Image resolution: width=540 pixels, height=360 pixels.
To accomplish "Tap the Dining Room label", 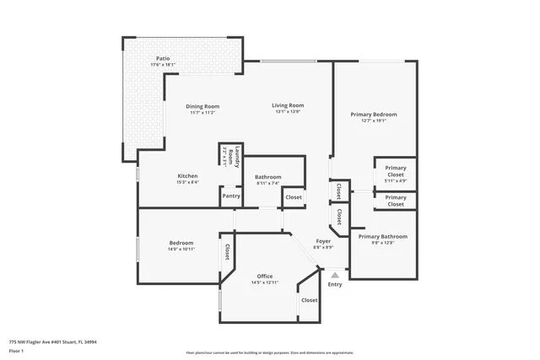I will click(202, 106).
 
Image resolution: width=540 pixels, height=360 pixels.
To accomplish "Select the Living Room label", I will click(287, 105).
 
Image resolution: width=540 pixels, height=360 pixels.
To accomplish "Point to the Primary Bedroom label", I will click(373, 114).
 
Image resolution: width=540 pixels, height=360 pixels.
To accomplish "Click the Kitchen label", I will click(187, 175).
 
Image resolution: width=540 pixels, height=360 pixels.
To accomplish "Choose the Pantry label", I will click(230, 196).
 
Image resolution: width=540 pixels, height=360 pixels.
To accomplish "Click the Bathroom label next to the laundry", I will click(268, 176).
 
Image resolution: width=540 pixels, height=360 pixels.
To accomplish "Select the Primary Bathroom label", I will click(382, 236).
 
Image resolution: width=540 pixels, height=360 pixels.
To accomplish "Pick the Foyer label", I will click(323, 241).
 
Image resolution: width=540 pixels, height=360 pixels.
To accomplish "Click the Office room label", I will click(264, 276).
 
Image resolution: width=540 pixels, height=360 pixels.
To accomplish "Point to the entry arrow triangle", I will click(335, 274).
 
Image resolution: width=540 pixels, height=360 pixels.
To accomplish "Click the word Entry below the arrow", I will click(335, 284).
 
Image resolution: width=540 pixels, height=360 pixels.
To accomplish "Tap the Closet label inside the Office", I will click(310, 300).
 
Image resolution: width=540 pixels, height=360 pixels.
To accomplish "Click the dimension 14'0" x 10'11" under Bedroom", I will click(181, 249).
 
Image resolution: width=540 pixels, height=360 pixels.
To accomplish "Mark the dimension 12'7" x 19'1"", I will click(373, 121).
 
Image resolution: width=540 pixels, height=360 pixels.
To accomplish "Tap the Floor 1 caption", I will click(17, 350).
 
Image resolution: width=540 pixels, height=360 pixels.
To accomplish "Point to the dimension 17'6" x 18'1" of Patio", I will click(163, 65).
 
